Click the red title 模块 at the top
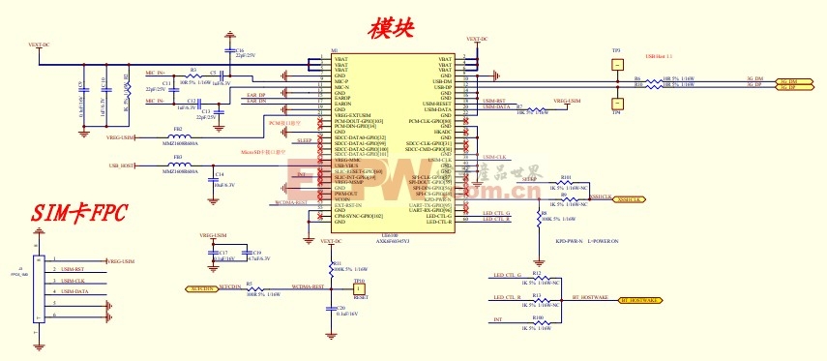[x=392, y=28]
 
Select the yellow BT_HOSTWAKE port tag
[x=630, y=301]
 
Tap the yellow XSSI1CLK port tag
[x=630, y=198]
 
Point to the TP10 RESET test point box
[x=358, y=287]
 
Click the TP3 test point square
[x=616, y=61]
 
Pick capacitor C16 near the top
[x=228, y=51]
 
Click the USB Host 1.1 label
[x=658, y=56]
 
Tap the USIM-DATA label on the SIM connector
[x=74, y=291]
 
